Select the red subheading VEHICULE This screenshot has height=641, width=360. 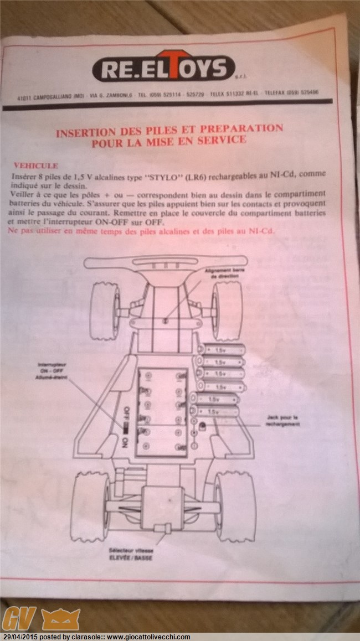click(35, 165)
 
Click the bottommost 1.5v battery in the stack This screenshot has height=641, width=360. click(215, 411)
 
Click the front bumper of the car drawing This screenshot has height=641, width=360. click(166, 262)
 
